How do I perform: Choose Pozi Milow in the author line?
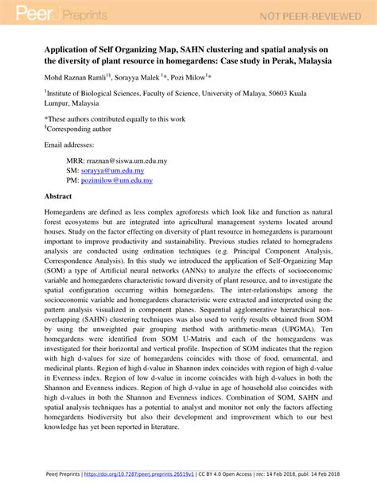coord(188,78)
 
